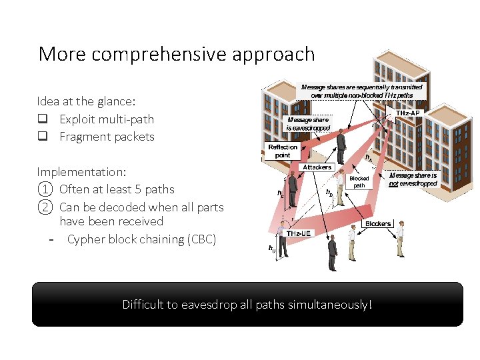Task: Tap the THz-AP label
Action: [x=408, y=113]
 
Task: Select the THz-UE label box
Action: [x=298, y=233]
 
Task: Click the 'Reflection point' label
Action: [x=282, y=151]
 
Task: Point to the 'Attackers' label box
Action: [x=317, y=167]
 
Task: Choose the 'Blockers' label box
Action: [x=377, y=223]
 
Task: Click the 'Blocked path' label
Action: [x=359, y=182]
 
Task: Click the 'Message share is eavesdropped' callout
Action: [x=307, y=124]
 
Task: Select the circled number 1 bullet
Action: [x=44, y=189]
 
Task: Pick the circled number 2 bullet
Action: [x=44, y=207]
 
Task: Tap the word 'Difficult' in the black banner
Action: [x=143, y=305]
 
